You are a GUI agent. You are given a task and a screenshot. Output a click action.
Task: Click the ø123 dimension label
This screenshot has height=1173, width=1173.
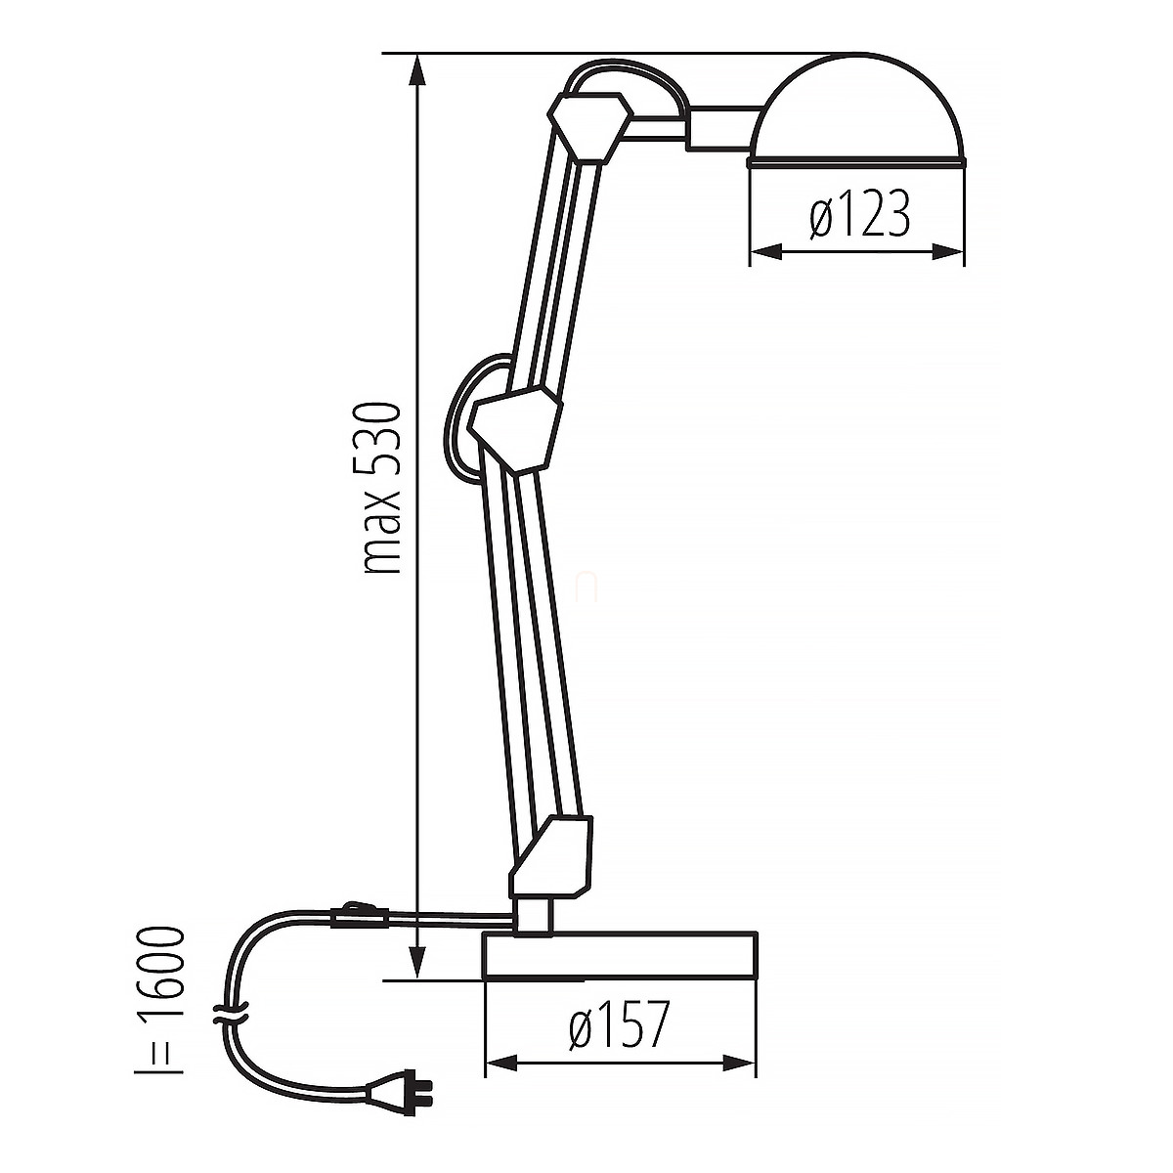click(x=859, y=213)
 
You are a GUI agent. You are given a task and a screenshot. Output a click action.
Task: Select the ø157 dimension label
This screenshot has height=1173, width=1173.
click(x=619, y=1024)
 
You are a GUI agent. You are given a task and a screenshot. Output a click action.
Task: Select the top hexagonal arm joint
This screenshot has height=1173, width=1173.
click(x=589, y=127)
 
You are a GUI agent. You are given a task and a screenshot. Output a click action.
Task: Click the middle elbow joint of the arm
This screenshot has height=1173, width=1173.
click(x=515, y=428)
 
